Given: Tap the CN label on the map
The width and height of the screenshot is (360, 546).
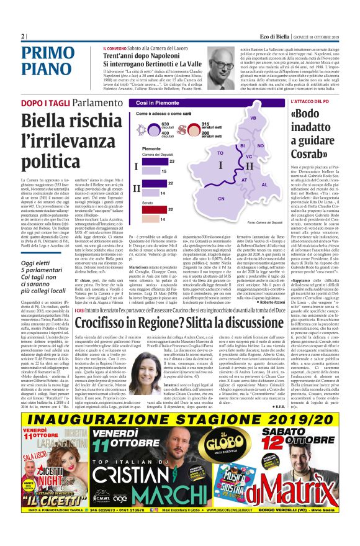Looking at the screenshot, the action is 221,198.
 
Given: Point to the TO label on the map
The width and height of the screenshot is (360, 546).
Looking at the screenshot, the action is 219,152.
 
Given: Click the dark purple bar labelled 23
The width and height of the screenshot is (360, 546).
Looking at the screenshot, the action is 151,161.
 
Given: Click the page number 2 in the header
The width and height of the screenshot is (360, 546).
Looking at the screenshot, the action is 23,36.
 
